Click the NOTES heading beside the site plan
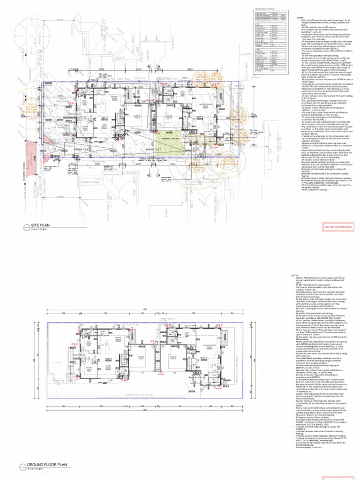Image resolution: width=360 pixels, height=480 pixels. point(300,18)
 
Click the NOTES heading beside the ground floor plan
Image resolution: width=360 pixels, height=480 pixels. point(294,276)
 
